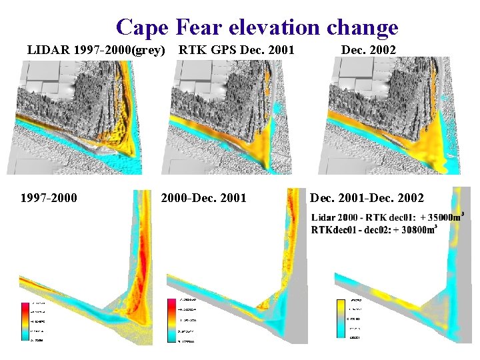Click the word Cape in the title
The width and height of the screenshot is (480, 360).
143,27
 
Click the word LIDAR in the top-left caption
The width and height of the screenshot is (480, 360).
47,50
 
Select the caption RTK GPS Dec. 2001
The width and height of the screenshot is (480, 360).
236,50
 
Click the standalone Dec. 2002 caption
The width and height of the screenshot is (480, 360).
368,50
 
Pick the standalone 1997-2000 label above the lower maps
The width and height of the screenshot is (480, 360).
48,197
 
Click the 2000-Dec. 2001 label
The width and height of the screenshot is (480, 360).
203,197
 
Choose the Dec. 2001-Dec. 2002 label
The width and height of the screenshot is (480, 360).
366,197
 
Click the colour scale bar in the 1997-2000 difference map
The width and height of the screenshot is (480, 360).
26,321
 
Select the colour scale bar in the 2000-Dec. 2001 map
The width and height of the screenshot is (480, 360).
173,321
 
